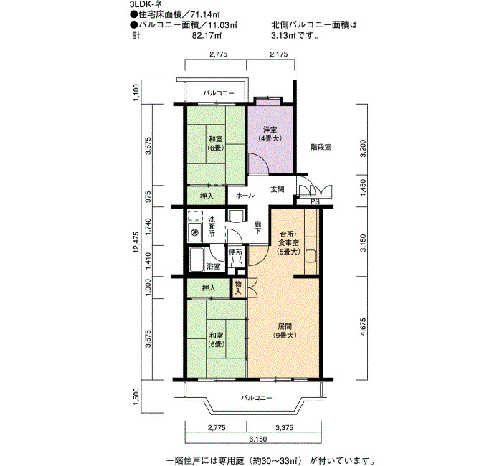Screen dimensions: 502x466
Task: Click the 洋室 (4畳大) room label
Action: point(270,134)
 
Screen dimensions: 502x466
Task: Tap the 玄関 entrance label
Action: point(278,189)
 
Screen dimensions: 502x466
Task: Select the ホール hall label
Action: point(245,195)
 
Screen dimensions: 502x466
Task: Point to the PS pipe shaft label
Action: point(315,202)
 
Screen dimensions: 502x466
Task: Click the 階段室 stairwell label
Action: point(321,147)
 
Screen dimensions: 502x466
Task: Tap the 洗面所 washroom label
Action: point(212,227)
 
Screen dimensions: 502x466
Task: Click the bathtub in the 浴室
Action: point(196,260)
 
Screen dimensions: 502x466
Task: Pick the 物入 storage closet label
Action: point(238,287)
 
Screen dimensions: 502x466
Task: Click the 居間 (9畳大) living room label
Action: point(285,331)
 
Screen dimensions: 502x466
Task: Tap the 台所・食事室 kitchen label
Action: point(288,242)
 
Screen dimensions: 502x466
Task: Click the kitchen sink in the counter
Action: point(311,256)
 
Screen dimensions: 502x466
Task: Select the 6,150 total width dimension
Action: point(257,439)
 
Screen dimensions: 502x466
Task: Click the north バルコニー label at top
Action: point(219,93)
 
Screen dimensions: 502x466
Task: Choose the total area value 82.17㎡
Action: point(207,35)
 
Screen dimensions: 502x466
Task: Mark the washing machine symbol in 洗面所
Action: point(194,233)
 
